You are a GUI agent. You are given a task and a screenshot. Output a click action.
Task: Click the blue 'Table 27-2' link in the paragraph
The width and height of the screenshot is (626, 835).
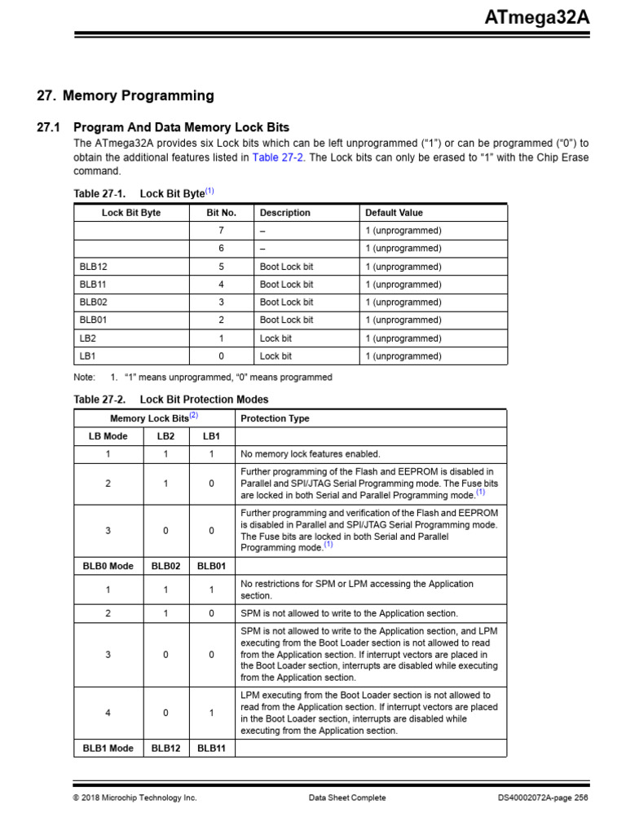(277, 157)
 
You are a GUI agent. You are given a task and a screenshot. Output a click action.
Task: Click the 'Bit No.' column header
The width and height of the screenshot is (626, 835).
(221, 213)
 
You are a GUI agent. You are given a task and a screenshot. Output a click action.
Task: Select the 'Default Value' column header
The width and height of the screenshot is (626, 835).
(394, 213)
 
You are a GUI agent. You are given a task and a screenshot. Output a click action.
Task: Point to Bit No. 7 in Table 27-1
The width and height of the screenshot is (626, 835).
(221, 231)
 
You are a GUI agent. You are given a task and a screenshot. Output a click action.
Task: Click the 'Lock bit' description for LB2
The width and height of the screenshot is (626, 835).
(276, 338)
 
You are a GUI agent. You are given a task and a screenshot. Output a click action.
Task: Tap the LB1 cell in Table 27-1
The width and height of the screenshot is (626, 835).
(88, 356)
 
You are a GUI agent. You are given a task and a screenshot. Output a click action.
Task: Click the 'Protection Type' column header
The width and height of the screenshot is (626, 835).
(275, 418)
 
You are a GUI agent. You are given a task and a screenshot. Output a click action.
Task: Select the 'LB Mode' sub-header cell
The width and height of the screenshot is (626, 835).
(108, 436)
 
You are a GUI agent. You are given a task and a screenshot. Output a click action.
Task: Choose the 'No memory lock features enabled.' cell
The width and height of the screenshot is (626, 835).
(310, 454)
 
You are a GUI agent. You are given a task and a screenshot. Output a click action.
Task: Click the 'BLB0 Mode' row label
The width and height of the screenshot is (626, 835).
(108, 566)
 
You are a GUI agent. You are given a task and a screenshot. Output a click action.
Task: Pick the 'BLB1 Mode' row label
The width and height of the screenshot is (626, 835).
(108, 748)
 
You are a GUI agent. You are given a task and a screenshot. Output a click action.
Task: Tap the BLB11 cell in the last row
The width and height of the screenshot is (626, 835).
(211, 748)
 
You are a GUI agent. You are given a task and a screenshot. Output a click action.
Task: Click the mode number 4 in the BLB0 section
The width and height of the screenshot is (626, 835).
(108, 713)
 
